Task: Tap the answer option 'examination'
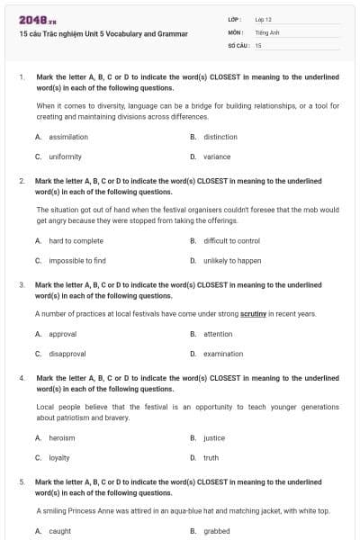point(223,354)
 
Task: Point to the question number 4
point(22,378)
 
